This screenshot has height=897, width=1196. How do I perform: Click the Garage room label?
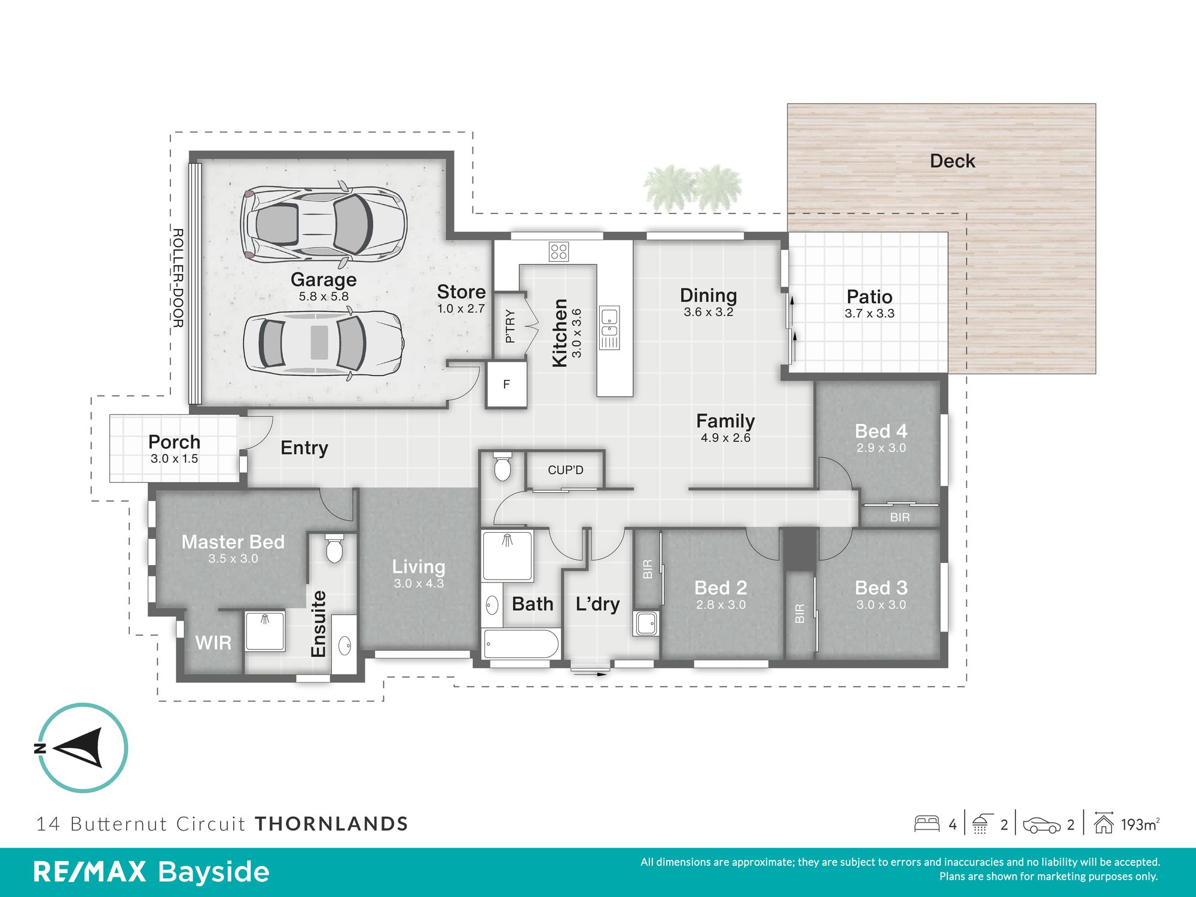(324, 279)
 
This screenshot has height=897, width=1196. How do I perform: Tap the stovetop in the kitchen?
(559, 251)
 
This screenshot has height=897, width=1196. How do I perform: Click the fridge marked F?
(507, 384)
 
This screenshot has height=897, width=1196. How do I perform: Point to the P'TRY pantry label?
(510, 326)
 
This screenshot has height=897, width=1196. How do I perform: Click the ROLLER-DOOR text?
(178, 277)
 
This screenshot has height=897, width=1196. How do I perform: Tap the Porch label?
(174, 442)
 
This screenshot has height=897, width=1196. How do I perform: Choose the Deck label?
(953, 161)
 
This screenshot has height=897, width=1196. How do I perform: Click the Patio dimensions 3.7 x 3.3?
(869, 313)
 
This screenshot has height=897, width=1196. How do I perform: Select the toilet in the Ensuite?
(334, 548)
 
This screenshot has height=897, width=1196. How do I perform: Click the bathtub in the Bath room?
(521, 644)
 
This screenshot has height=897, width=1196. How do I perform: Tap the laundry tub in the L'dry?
(646, 624)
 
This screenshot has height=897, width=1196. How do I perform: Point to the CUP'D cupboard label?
(565, 470)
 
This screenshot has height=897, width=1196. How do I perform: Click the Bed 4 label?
(881, 431)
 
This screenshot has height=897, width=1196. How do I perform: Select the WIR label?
(213, 643)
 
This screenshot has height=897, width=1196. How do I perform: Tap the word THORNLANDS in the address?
(332, 824)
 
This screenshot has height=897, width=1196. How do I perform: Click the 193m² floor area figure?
(1140, 825)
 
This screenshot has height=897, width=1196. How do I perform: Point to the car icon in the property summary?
(1042, 825)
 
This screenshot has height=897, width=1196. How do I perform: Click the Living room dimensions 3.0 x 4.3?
(419, 584)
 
